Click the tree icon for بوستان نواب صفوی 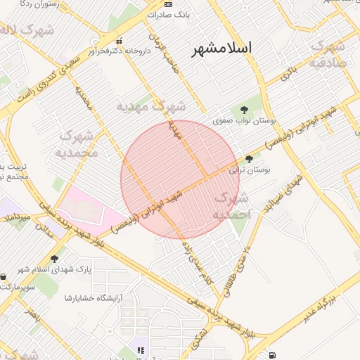[244, 110]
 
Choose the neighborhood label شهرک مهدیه [151, 106]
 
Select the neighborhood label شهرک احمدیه [231, 205]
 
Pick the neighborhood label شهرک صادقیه [328, 53]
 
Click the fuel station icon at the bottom [272, 355]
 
